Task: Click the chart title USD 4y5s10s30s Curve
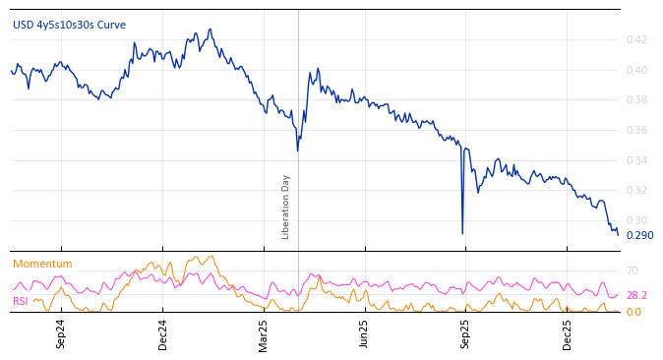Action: click(69, 25)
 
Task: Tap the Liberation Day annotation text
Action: click(286, 207)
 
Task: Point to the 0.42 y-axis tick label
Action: click(636, 39)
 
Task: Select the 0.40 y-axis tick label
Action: click(636, 70)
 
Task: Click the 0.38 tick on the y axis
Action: click(636, 99)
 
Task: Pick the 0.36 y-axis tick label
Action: click(636, 130)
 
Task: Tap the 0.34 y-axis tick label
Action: click(636, 160)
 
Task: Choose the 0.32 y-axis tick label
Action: click(636, 190)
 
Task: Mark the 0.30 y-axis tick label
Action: click(636, 220)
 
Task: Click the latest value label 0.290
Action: click(639, 235)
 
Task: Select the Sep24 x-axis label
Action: click(61, 333)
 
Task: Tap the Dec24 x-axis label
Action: click(162, 333)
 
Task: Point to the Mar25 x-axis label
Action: click(263, 333)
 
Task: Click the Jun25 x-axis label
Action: click(364, 333)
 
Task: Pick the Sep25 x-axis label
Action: click(465, 333)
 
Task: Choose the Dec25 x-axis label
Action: click(567, 333)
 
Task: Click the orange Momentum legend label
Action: click(42, 264)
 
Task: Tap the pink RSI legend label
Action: click(20, 301)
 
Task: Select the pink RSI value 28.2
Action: click(636, 295)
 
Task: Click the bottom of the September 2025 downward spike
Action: click(462, 233)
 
